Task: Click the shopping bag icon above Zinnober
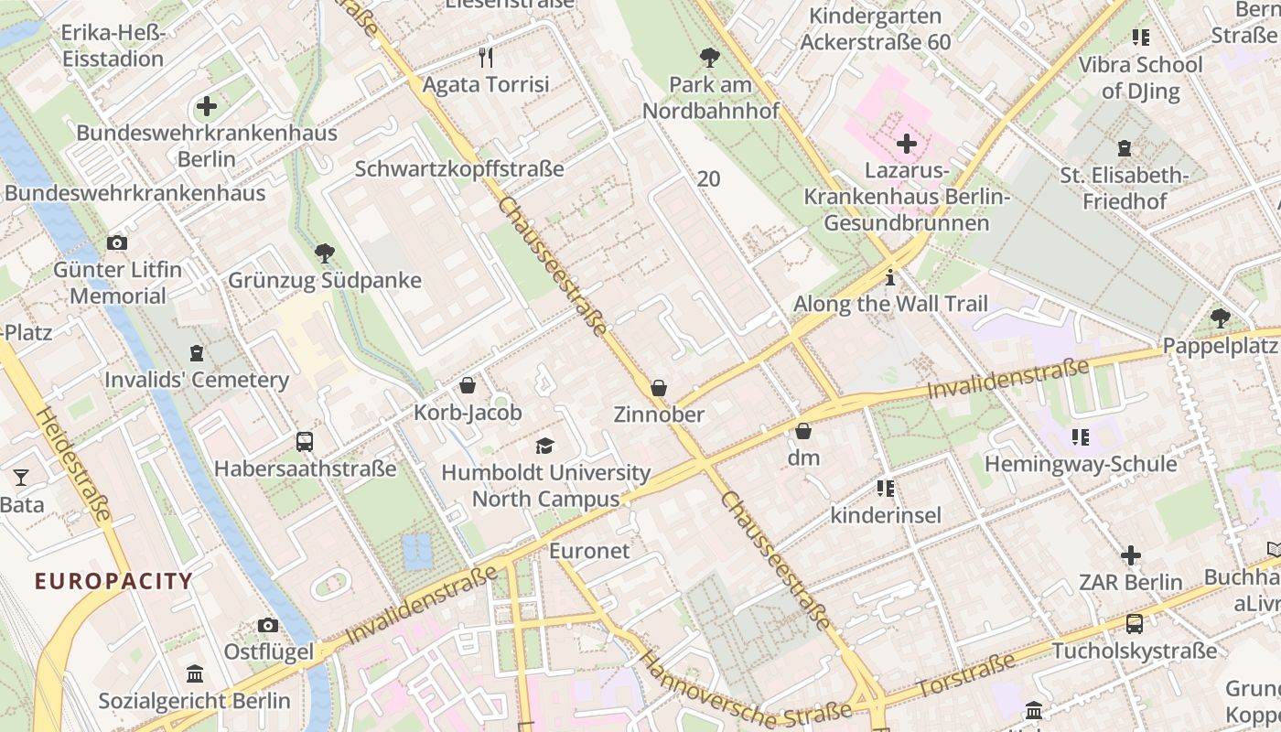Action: [658, 388]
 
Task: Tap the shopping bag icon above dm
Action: [803, 431]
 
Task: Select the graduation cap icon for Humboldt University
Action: [545, 446]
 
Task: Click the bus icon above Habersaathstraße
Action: [305, 442]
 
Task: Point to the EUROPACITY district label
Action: [113, 581]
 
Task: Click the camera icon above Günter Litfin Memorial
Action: [117, 242]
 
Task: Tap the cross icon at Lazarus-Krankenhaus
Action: [907, 144]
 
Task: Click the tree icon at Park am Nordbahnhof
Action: [709, 59]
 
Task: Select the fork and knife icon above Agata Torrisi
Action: [486, 58]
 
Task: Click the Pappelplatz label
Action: [1220, 347]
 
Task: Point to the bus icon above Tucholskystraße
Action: [1135, 624]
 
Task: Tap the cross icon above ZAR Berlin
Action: [1131, 555]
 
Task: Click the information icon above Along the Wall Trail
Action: [890, 277]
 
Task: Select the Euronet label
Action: [590, 551]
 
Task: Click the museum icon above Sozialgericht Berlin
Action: [195, 674]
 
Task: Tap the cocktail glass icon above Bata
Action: [21, 477]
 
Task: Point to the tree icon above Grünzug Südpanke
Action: [324, 253]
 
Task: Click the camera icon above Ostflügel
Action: [268, 625]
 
